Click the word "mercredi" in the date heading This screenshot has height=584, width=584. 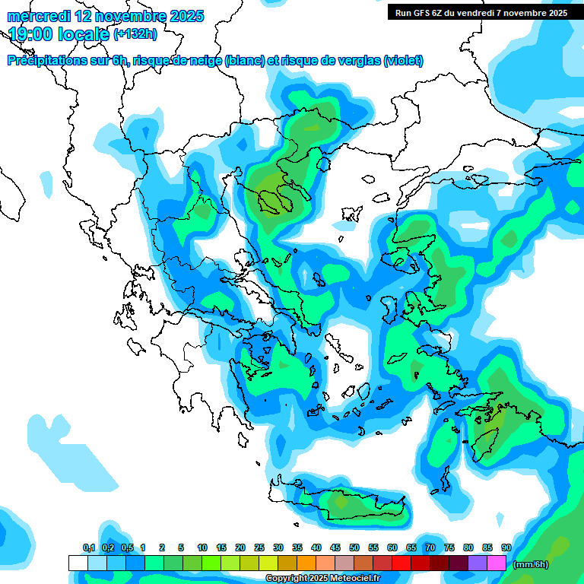[38, 16]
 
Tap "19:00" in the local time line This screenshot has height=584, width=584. [31, 34]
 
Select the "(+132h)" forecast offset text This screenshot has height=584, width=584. [135, 34]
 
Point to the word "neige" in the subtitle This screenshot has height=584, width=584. [205, 61]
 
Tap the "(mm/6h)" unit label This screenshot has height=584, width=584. [531, 564]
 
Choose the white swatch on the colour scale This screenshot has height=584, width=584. [78, 563]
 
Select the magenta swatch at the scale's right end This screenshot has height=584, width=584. [497, 563]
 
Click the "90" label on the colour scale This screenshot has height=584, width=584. [506, 547]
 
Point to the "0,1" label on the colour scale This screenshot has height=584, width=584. [88, 547]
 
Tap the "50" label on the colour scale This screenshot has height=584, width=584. [354, 547]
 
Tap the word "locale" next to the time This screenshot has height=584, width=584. [83, 34]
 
